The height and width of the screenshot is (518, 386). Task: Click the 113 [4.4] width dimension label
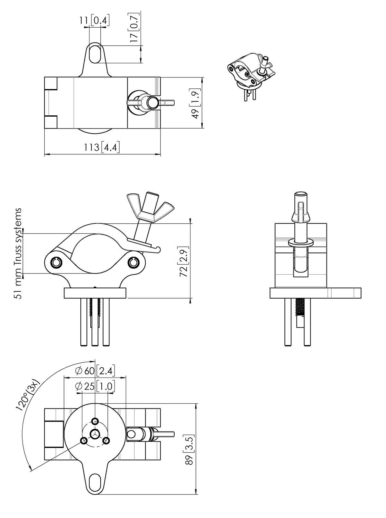point(102,147)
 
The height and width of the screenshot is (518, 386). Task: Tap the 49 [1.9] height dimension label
point(196,103)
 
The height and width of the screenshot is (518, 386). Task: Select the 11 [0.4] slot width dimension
point(94,21)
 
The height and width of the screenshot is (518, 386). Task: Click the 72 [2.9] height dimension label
point(184,262)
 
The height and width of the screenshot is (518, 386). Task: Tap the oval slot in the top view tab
point(95,54)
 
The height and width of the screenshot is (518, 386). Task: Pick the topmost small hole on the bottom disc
point(95,422)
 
